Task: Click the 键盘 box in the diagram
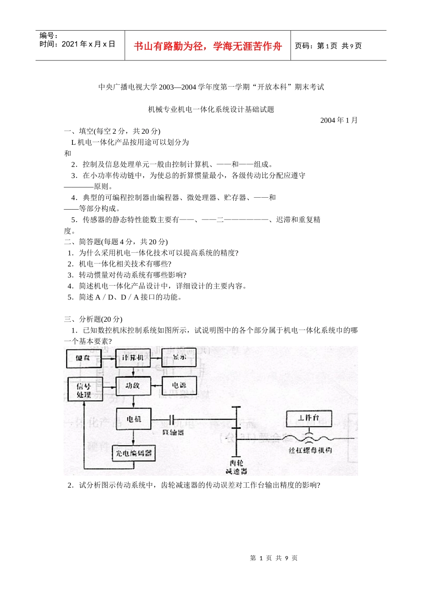(84, 358)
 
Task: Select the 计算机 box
(133, 358)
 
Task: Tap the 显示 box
(179, 357)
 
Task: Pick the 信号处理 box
(84, 390)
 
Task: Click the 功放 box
(133, 386)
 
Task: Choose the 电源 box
(179, 386)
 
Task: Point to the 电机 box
(133, 419)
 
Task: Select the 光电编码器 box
(133, 453)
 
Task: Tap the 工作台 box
(308, 418)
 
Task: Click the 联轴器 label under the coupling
(173, 432)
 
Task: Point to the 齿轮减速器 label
(236, 467)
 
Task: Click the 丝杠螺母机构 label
(310, 450)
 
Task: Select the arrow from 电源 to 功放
(155, 386)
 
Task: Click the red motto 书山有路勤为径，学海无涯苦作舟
(208, 46)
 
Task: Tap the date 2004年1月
(339, 120)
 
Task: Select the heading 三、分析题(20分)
(93, 319)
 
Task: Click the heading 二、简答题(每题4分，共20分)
(115, 242)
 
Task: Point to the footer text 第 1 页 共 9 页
(274, 558)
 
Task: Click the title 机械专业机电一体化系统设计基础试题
(211, 109)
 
